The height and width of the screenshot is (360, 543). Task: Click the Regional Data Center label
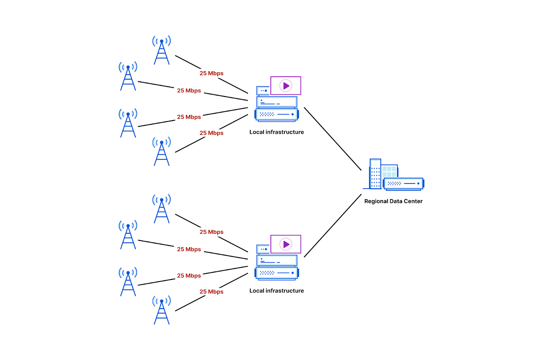[x=393, y=201]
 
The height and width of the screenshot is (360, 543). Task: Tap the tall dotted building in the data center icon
[x=375, y=174]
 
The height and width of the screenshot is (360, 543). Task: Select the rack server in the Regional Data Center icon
[x=404, y=184]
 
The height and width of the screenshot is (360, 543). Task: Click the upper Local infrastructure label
[x=277, y=132]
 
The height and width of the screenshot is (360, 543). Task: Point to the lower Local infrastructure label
[x=277, y=291]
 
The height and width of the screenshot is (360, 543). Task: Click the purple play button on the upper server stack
[x=286, y=86]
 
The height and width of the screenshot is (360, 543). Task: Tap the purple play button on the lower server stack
[x=286, y=244]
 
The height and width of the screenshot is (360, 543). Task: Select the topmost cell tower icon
[x=162, y=51]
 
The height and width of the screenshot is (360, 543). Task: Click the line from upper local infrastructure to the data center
[x=333, y=138]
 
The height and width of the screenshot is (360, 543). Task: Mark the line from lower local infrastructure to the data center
[x=333, y=226]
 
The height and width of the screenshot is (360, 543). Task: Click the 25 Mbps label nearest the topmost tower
[x=211, y=73]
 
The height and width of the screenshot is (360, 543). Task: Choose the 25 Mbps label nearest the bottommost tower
[x=211, y=292]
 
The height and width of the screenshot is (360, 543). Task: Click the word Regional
[x=376, y=201]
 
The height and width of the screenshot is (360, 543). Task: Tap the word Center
[x=413, y=201]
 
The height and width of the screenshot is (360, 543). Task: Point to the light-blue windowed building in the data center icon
[x=389, y=171]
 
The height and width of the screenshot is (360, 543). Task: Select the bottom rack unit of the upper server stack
[x=277, y=114]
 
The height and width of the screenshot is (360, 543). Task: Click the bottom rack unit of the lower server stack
[x=277, y=273]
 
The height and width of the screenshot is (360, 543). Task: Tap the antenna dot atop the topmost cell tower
[x=162, y=41]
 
